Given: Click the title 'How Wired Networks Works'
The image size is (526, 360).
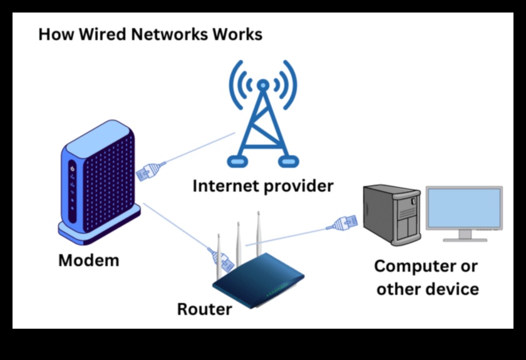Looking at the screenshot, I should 150,34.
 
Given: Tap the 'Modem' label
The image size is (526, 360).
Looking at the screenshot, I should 88,260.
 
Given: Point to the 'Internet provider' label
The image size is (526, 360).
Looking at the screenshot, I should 263,185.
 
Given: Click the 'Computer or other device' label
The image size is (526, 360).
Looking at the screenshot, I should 426,277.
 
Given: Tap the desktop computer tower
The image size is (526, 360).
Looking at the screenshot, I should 392,216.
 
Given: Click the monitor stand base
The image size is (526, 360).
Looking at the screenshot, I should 465,239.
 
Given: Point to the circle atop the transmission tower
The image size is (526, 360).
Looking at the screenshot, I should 263,85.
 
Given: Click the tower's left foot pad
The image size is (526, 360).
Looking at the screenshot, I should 237,162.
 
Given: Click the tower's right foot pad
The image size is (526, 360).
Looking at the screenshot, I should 288,162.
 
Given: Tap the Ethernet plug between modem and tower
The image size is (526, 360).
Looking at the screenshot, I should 149,172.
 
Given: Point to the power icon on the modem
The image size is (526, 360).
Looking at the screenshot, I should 73,170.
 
